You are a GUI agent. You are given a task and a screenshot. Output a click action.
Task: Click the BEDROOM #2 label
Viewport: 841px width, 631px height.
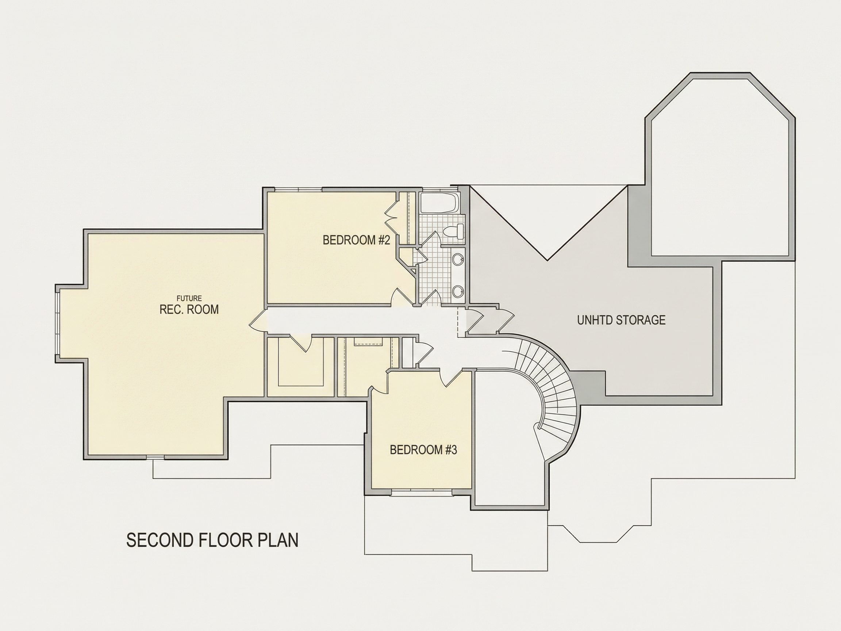(356, 240)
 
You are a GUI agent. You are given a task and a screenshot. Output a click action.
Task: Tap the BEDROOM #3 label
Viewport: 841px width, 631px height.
(423, 450)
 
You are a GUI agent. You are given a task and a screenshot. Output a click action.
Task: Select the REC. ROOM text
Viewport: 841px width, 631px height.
(189, 309)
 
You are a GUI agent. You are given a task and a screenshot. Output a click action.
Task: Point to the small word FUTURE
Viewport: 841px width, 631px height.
(189, 299)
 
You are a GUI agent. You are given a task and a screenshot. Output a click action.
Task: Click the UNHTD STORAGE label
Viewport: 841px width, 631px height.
(621, 320)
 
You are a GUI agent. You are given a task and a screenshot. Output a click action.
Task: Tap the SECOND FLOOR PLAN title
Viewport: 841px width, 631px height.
(212, 540)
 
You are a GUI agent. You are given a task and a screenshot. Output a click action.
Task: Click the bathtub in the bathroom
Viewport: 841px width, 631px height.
(440, 203)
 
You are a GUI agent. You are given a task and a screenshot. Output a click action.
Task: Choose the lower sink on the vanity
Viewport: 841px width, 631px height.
(458, 292)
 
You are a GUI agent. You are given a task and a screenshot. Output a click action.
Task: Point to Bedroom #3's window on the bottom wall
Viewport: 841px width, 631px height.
(422, 493)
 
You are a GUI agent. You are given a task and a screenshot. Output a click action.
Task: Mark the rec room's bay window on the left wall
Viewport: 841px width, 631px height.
(58, 323)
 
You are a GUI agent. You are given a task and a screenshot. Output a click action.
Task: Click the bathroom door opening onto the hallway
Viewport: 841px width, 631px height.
(431, 297)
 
